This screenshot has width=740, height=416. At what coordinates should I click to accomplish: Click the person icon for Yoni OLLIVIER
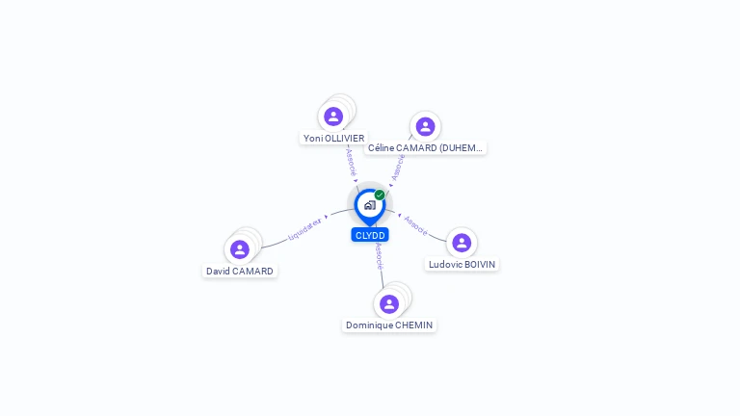coord(333,117)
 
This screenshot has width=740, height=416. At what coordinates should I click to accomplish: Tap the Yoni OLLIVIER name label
coord(333,139)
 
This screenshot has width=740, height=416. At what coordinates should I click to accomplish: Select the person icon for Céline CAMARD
coord(425,126)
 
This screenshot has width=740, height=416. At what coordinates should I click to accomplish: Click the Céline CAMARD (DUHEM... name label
coord(425,148)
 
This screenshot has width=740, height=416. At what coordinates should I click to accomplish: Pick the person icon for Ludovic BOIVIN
coord(462,243)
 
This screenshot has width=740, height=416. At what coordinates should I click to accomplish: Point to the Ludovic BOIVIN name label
coord(462,264)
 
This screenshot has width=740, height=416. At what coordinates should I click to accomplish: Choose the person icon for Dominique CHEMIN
coord(389,304)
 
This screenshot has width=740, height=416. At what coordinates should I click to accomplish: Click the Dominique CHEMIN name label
coord(389,325)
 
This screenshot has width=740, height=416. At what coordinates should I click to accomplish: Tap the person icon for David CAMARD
coord(240,249)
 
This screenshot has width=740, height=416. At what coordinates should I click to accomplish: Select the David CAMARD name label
coord(240,272)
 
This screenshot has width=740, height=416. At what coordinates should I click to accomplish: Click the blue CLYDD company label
coord(370,235)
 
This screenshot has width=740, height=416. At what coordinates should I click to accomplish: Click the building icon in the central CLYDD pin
coord(369,205)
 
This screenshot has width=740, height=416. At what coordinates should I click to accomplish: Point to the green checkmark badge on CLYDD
coord(380,195)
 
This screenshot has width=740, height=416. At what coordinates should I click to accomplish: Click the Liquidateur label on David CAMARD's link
coord(305,229)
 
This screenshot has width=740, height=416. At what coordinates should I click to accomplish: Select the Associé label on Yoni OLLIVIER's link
coord(351,161)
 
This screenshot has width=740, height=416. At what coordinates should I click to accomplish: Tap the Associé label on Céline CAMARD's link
coord(398,166)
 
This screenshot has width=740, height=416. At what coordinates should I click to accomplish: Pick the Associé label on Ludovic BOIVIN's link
coord(416,224)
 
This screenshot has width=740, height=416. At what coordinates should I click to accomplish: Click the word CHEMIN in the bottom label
coord(413,325)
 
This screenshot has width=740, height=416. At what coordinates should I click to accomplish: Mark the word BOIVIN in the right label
coord(480,264)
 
